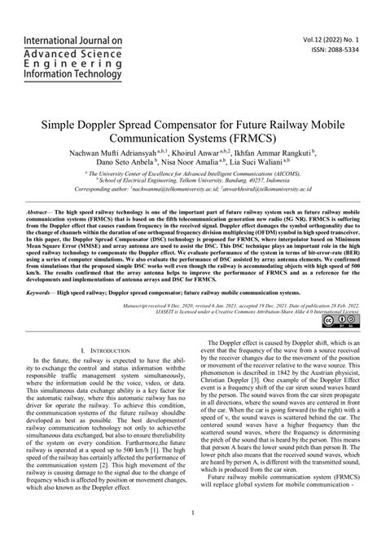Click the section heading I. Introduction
point(108,348)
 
